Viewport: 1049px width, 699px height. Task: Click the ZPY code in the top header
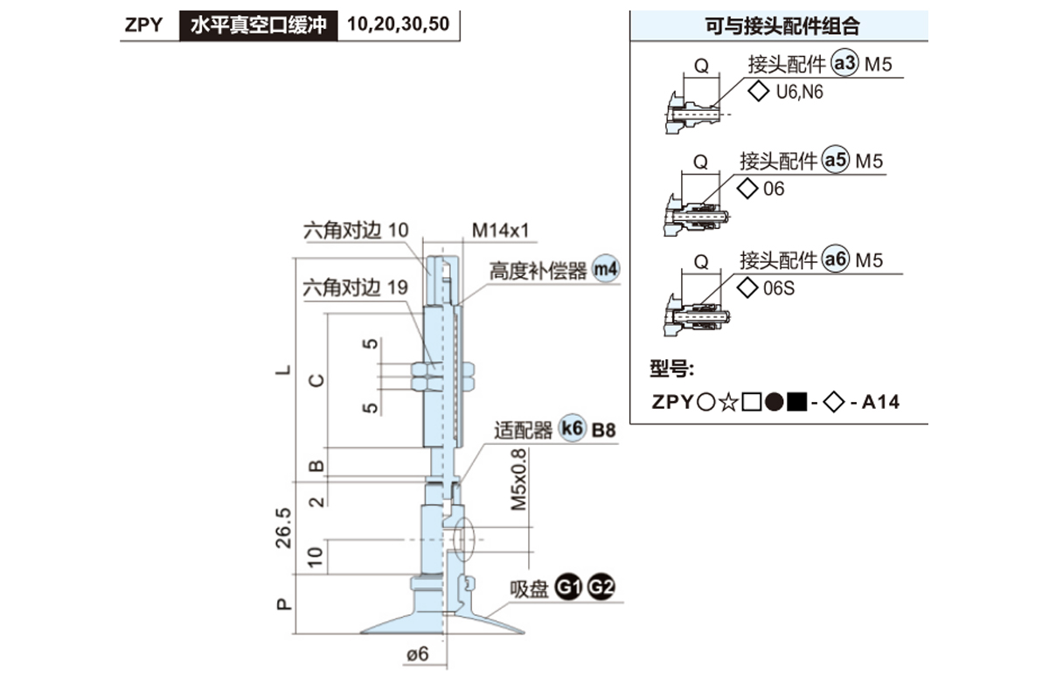[143, 24]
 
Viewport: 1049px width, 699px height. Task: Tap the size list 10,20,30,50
[399, 24]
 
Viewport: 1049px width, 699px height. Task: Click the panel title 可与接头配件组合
[782, 26]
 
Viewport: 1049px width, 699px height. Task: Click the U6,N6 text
[799, 92]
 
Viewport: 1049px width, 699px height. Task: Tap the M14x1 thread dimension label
[502, 231]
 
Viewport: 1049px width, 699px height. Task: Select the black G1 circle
[569, 588]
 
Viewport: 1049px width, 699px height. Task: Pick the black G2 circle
[601, 588]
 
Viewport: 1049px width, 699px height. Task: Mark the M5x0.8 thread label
[520, 480]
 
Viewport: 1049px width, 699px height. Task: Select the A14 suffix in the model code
[880, 402]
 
